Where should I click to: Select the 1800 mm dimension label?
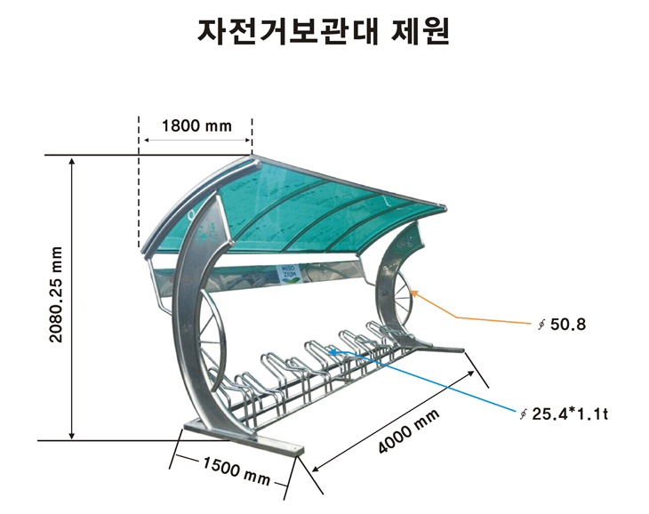[196, 125]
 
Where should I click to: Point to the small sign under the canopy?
[291, 272]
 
